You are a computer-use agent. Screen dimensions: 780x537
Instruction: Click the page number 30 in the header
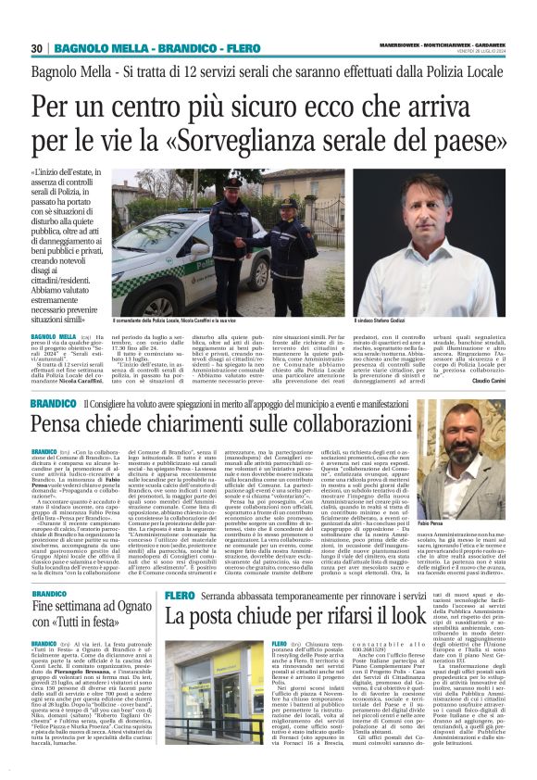pos(37,48)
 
